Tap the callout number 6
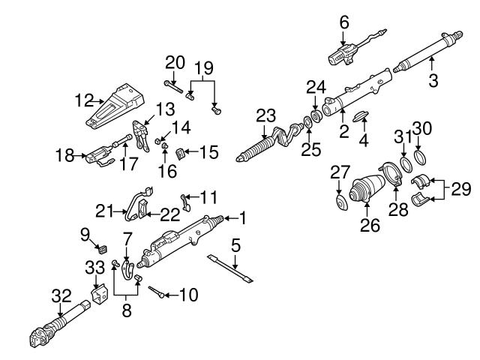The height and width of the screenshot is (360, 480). click(x=344, y=23)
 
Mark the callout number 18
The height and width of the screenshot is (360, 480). click(x=65, y=157)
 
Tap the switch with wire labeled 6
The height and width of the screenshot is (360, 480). click(x=345, y=54)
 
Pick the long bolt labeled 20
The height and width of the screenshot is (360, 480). click(x=170, y=95)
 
